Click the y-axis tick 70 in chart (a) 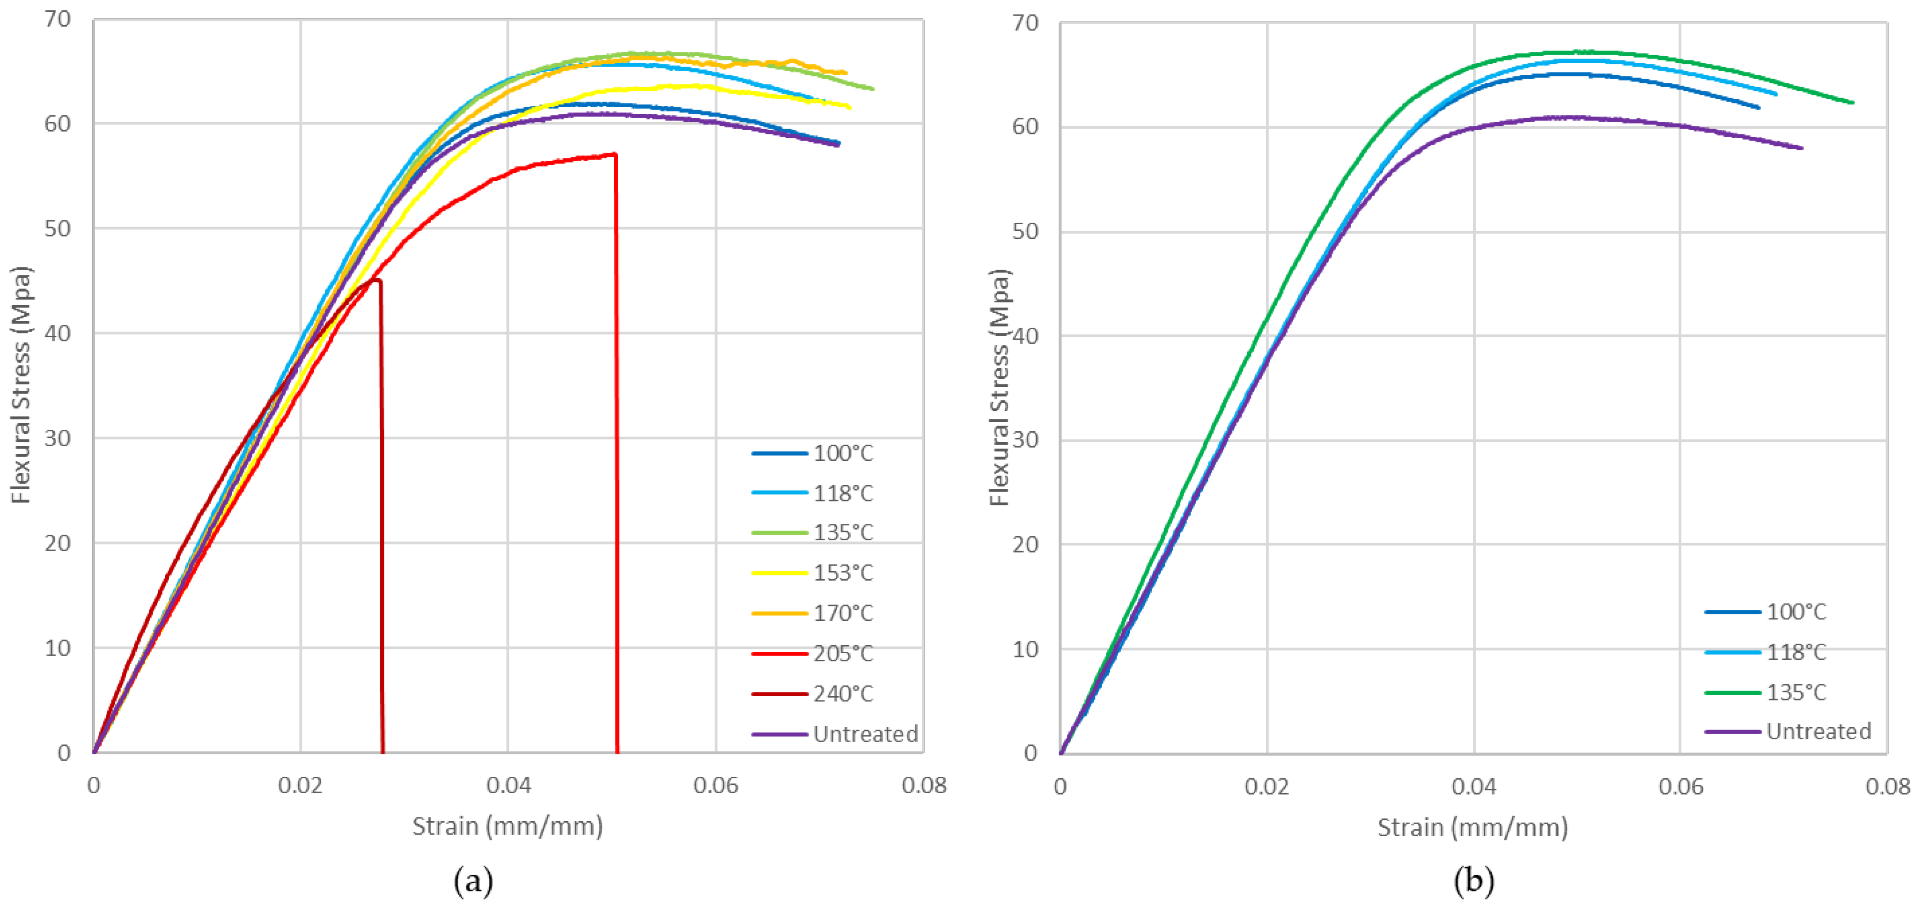(58, 19)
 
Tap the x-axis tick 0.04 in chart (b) (1473, 787)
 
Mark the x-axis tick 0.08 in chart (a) (923, 785)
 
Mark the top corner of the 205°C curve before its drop (614, 155)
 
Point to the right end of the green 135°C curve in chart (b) (1852, 103)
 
